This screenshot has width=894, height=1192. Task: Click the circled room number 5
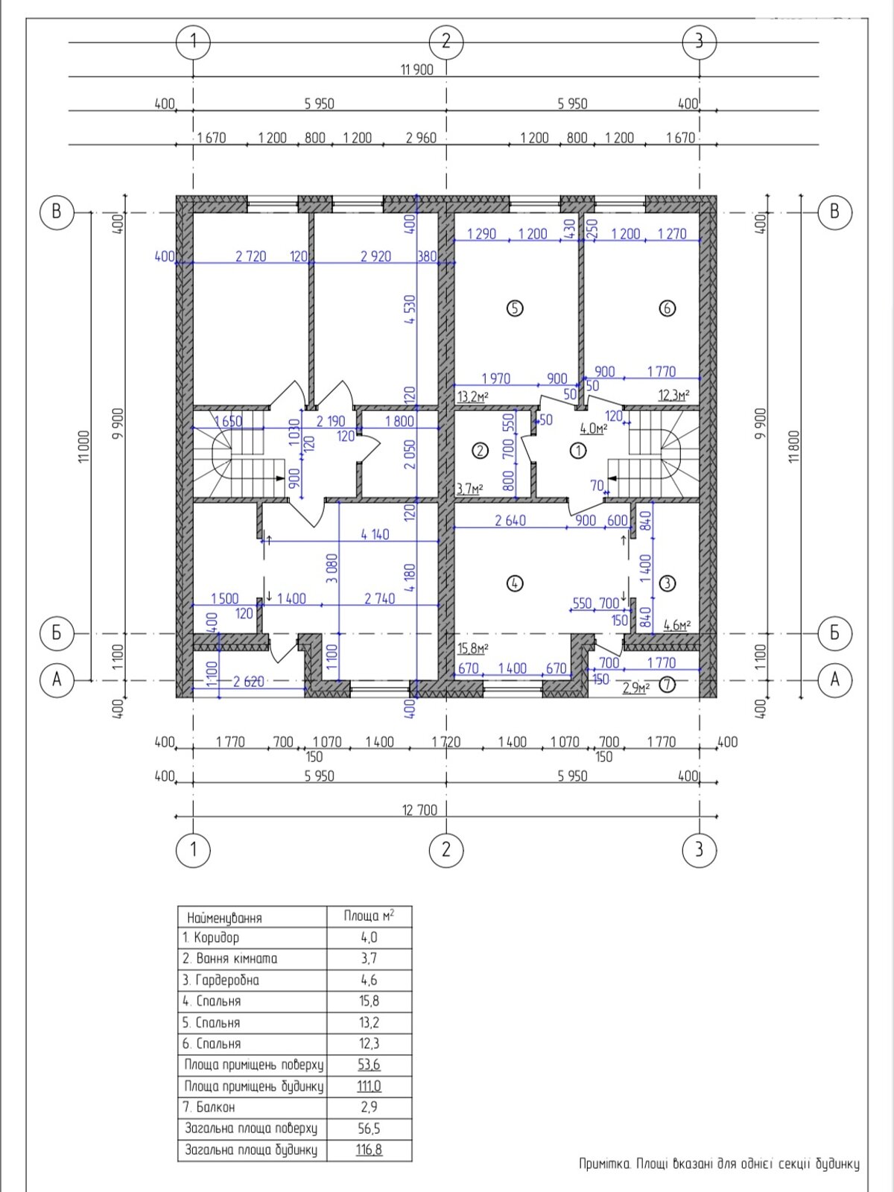[x=514, y=308]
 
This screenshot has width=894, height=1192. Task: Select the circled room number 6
[x=667, y=308]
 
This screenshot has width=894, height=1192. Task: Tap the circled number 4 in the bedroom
[x=514, y=583]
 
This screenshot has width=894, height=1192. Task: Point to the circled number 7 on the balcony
[x=667, y=685]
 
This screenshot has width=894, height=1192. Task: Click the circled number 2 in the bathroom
[x=481, y=450]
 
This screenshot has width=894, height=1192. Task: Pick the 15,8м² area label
[x=473, y=648]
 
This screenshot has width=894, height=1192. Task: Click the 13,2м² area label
[x=473, y=396]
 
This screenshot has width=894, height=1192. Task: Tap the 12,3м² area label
[x=673, y=395]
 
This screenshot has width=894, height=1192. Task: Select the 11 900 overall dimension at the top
[x=417, y=69]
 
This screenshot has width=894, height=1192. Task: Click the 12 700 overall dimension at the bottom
[x=419, y=811]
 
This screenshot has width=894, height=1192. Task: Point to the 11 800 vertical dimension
[x=795, y=446]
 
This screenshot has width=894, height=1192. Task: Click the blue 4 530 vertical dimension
[x=410, y=309]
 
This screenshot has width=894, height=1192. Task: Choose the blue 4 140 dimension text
[x=375, y=534]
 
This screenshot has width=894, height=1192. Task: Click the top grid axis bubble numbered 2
[x=446, y=41]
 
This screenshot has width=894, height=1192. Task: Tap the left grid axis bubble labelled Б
[x=57, y=633]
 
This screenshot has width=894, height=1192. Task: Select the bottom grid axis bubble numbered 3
[x=699, y=849]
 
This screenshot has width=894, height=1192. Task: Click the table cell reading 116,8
[x=369, y=1150]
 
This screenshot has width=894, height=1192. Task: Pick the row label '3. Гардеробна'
[x=221, y=980]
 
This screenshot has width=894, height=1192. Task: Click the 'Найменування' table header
[x=225, y=919]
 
